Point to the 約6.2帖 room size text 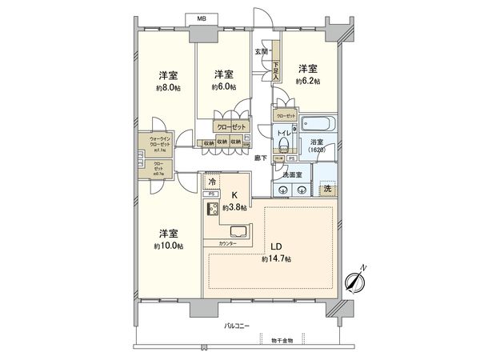[x=308, y=81]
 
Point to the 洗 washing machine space [x=326, y=189]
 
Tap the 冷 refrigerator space [x=212, y=182]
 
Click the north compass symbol [x=354, y=281]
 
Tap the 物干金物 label [x=279, y=342]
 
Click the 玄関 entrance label [x=261, y=52]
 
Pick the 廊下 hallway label [x=260, y=158]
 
